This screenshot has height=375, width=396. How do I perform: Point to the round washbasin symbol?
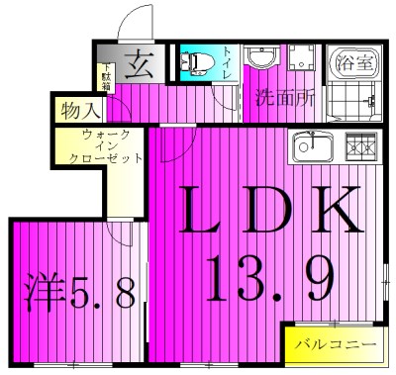(262, 57)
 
